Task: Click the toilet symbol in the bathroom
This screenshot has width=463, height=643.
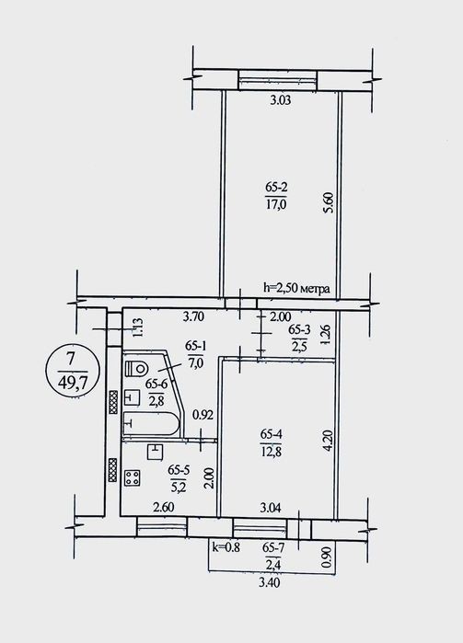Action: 135,368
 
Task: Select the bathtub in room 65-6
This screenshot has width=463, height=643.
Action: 152,422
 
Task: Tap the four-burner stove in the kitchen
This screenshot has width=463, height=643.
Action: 133,477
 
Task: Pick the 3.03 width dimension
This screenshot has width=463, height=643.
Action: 281,100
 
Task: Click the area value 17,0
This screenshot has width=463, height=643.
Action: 276,204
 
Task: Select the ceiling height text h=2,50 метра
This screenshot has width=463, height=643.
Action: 296,289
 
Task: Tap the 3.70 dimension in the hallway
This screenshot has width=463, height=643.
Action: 194,316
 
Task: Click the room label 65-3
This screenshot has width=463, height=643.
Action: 300,329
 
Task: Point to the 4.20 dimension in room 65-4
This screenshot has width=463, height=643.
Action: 327,441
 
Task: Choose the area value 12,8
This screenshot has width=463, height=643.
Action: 271,452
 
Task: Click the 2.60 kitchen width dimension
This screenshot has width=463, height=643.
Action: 163,507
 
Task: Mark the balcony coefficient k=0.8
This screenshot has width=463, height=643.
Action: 226,546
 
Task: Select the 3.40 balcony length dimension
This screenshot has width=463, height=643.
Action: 270,582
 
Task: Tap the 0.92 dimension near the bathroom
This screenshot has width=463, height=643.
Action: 203,415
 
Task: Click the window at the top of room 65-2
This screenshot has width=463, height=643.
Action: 278,79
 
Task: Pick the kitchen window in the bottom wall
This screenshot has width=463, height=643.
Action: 162,526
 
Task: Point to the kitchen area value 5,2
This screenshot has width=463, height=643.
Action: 177,487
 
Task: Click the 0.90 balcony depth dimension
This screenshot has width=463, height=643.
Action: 327,557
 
